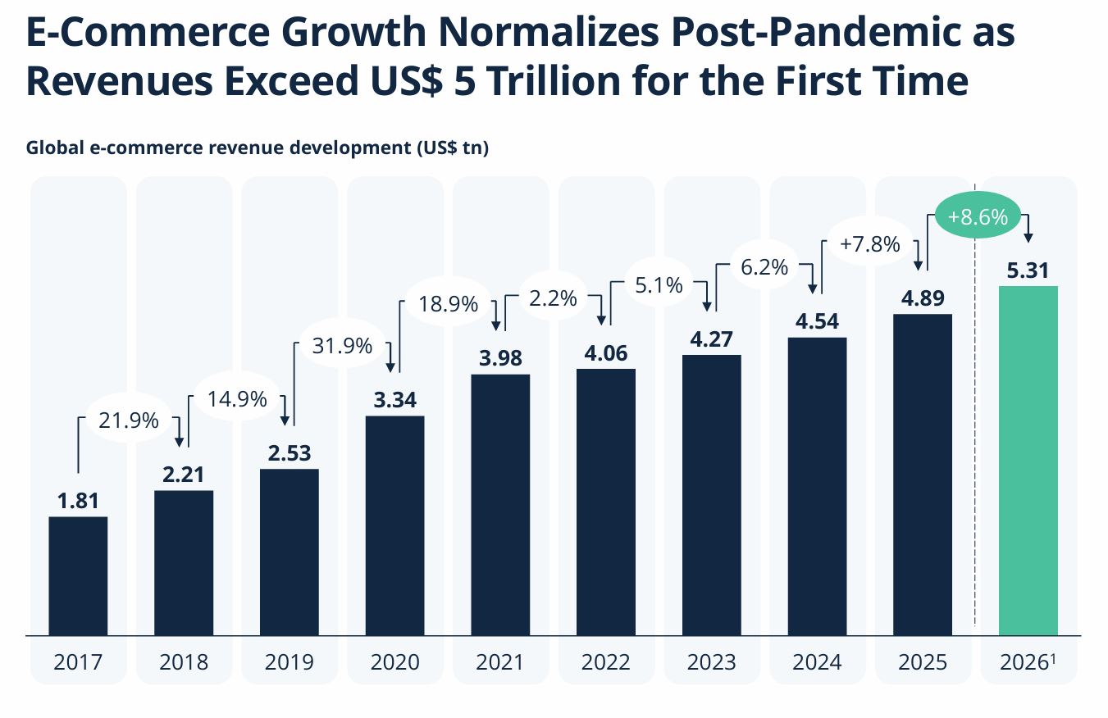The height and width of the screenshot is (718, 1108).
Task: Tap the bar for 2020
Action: point(394,525)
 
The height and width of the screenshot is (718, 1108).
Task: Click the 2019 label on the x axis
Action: point(289,661)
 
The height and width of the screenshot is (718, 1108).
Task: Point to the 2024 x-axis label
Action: point(817,661)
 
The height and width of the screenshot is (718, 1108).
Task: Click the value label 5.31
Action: point(1028,270)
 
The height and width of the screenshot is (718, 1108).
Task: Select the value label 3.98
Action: point(500,358)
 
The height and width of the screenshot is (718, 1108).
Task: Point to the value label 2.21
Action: point(183,475)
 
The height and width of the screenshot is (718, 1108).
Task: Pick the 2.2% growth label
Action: point(553,299)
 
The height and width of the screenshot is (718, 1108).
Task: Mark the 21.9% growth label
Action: point(128,420)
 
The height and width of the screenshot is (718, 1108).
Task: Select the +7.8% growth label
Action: point(870,243)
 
